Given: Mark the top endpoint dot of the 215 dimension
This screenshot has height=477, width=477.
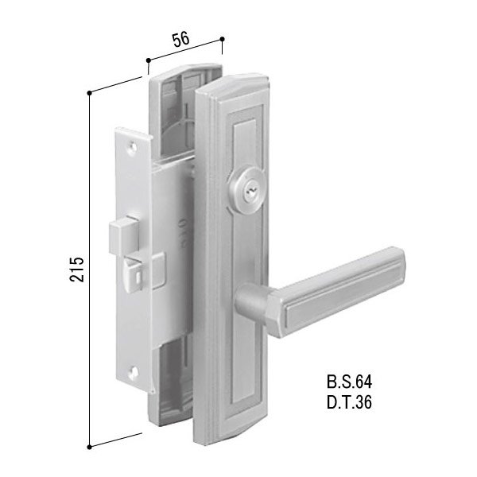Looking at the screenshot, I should point(91,95).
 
